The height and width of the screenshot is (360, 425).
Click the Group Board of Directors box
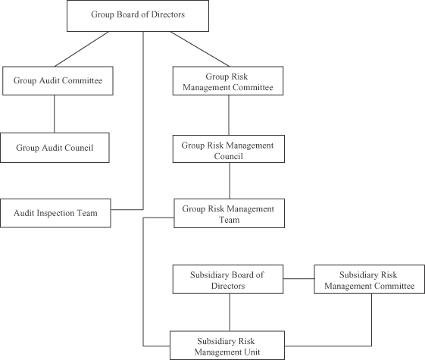138,16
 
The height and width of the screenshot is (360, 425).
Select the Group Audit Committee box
58,81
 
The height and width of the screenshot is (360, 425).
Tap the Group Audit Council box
55,148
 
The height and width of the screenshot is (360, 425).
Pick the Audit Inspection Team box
55,213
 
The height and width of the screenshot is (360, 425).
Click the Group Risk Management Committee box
228,81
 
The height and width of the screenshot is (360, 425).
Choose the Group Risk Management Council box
229,149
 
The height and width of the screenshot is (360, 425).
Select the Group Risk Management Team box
229,213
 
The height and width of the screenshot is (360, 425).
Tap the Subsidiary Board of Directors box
228,280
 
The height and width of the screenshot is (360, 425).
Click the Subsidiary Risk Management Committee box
369,280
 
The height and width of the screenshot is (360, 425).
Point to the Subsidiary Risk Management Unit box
227,346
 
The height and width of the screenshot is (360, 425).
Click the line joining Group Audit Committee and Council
55,114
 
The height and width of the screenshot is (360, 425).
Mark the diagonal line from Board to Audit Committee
82,49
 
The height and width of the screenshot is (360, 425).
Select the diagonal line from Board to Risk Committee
200,49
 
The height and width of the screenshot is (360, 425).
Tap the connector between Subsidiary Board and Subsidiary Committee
298,278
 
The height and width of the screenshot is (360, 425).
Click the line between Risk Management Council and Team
230,181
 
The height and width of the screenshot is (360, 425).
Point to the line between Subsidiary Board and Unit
230,312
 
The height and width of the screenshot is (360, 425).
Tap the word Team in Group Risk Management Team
230,220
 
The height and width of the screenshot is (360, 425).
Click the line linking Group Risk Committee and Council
229,115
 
